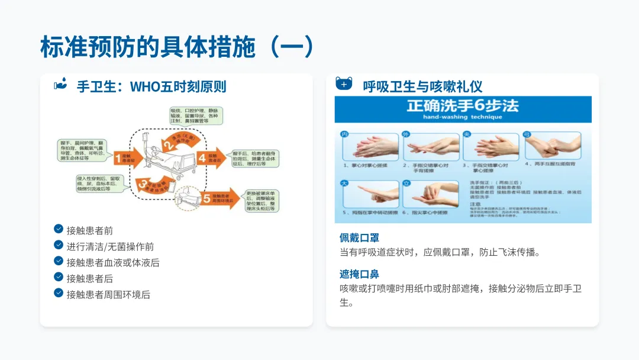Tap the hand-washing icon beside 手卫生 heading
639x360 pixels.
click(61, 84)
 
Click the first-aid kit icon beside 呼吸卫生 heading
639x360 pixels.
click(344, 83)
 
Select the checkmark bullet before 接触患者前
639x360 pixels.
click(59, 229)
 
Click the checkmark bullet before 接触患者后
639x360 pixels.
click(59, 277)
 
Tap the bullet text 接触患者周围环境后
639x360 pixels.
click(108, 294)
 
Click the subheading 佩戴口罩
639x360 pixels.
click(359, 238)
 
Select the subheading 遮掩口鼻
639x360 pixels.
click(359, 274)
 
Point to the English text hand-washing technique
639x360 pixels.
click(462, 117)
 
